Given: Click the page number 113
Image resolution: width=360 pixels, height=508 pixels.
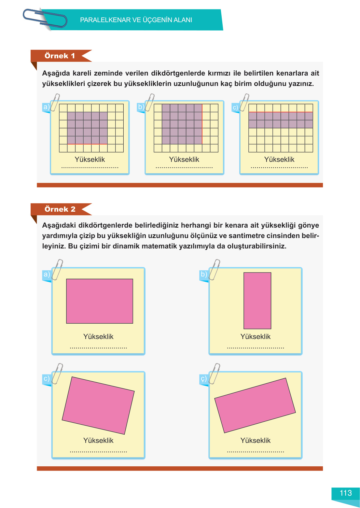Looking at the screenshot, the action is click(x=345, y=493).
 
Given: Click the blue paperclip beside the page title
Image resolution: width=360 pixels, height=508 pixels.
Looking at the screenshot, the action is click(x=45, y=19).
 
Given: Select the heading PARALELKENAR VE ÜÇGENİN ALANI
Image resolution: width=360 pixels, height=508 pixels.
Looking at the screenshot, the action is click(x=136, y=20).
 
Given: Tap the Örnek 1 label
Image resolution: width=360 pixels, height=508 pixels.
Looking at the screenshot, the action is click(x=60, y=56).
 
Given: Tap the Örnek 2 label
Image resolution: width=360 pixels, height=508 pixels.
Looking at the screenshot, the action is click(x=60, y=209).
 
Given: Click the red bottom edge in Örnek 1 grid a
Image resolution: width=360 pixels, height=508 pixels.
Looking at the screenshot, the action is click(x=87, y=144).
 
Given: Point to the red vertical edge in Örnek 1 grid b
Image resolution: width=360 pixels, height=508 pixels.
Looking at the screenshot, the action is click(x=202, y=124).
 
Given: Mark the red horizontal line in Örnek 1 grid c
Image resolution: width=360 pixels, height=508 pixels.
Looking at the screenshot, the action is click(x=281, y=112).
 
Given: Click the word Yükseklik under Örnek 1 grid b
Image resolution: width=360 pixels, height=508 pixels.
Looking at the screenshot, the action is click(x=184, y=160).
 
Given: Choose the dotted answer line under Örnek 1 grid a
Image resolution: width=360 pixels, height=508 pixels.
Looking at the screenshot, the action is click(x=90, y=168).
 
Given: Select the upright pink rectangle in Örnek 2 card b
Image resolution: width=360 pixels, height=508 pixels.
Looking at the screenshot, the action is click(x=257, y=301).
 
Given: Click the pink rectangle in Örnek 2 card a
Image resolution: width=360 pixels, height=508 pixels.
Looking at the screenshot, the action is click(x=100, y=301).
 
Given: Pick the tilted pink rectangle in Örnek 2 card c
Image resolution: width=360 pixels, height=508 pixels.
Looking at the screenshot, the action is click(x=98, y=405).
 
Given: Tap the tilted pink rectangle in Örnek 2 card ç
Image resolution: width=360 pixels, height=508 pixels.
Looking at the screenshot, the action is click(x=255, y=405).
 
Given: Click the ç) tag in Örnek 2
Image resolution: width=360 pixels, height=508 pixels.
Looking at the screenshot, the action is click(x=204, y=378).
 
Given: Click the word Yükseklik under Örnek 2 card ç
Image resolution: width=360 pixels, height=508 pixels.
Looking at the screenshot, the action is click(x=256, y=440).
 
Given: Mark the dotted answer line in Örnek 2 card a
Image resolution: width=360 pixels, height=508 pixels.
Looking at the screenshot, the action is click(x=98, y=348).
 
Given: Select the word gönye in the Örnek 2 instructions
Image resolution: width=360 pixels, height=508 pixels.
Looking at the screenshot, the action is click(x=309, y=225).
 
